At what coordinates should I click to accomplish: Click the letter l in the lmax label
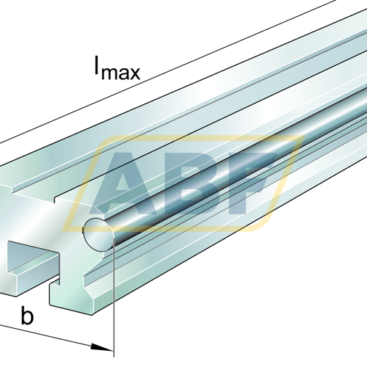point(97,65)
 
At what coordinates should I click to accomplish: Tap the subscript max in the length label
point(121,73)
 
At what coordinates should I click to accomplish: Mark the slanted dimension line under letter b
point(57,338)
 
